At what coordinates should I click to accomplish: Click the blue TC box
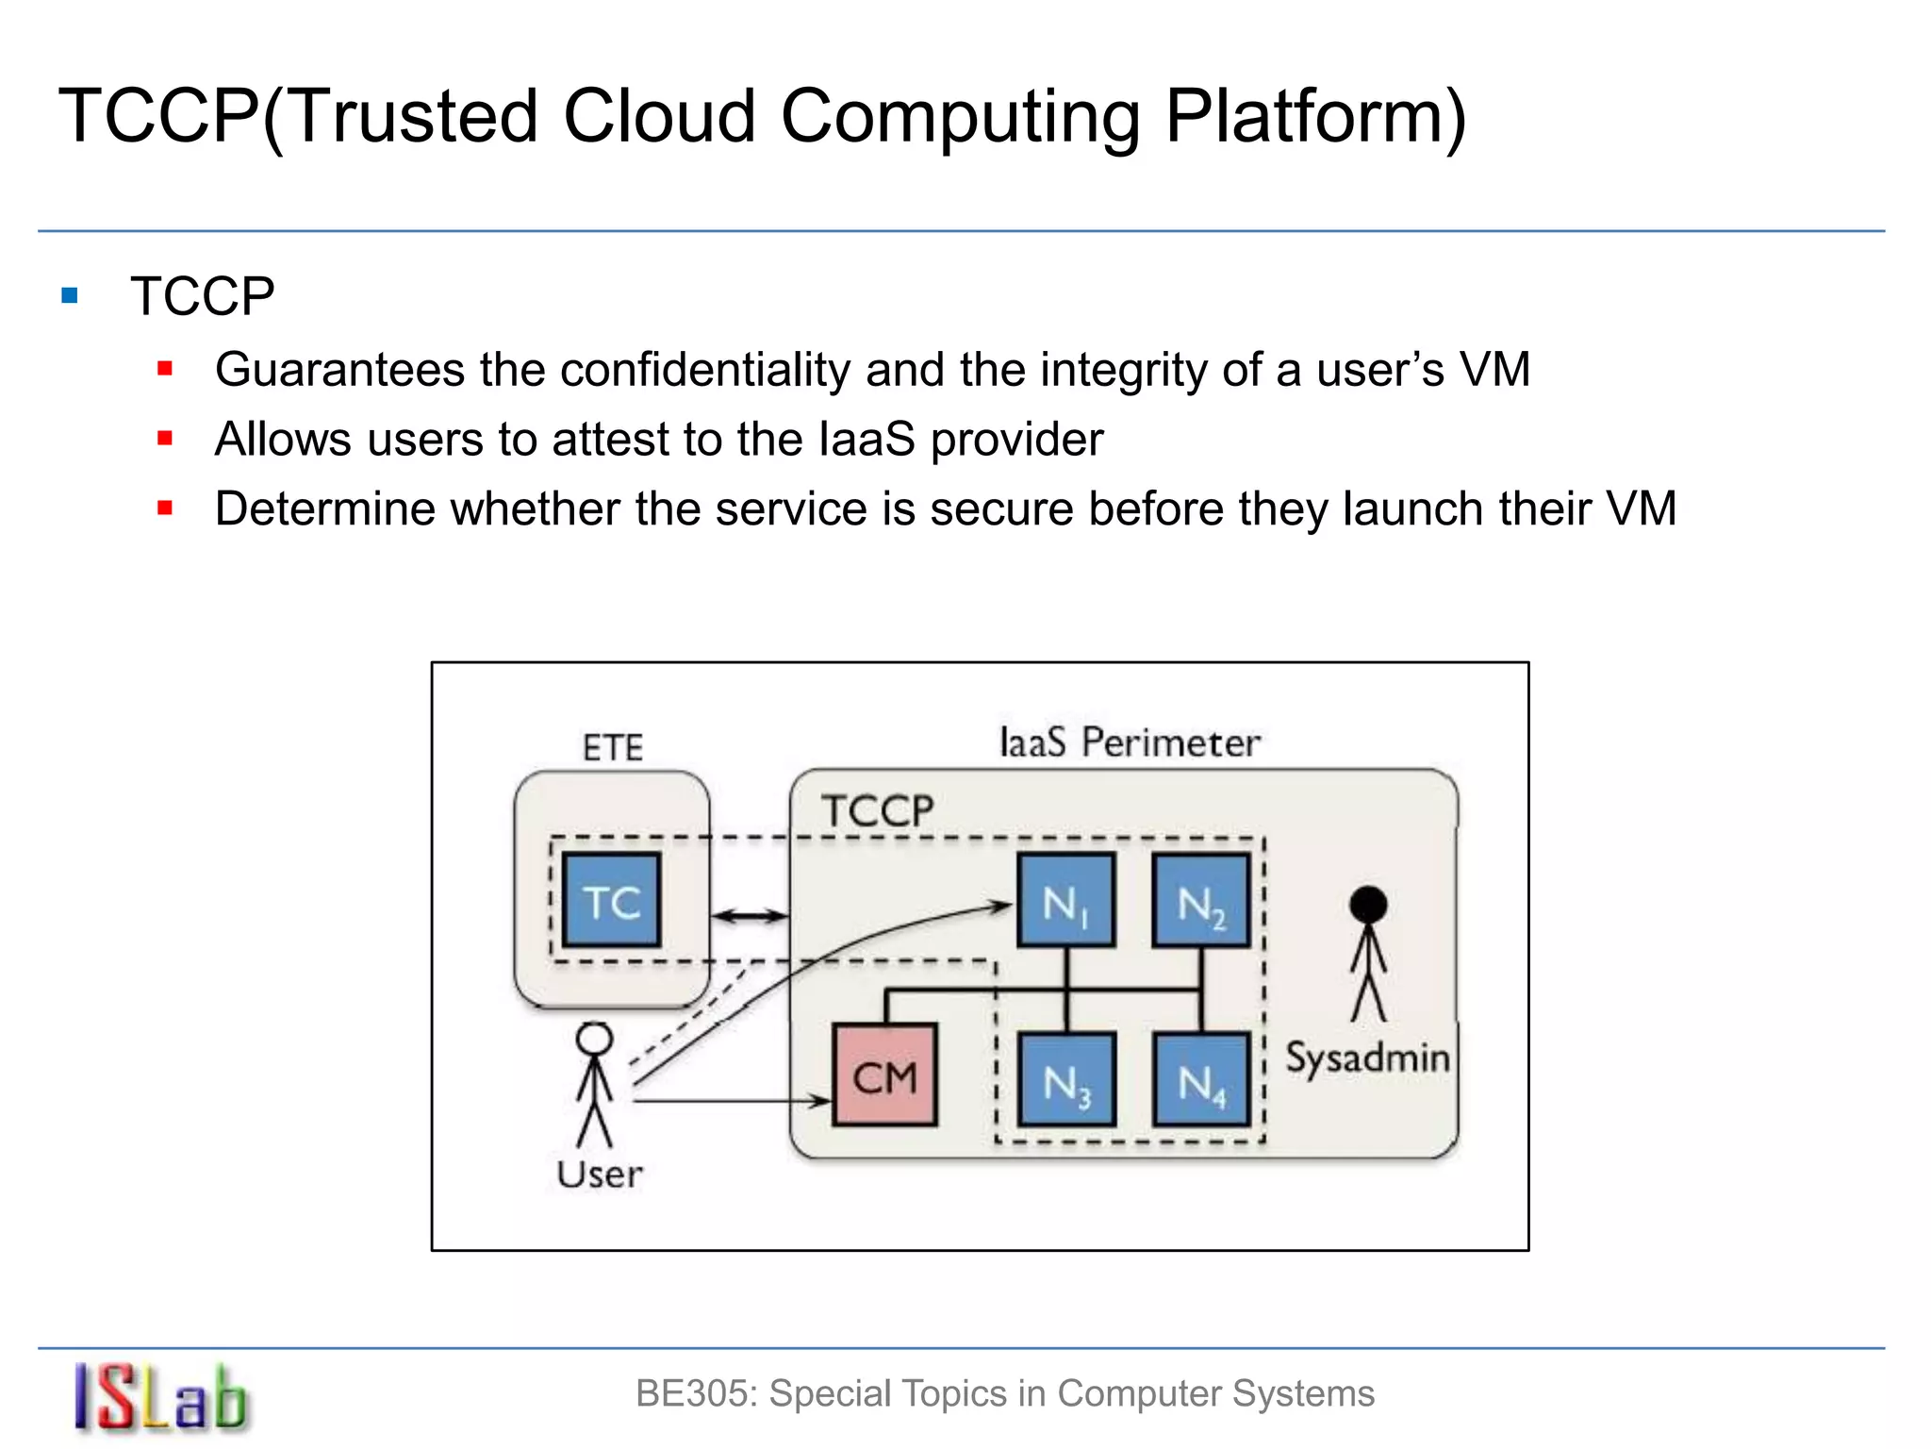(x=611, y=900)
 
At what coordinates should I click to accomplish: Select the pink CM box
(x=884, y=1075)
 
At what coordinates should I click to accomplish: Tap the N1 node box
(x=1065, y=900)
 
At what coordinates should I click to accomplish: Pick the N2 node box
(x=1200, y=900)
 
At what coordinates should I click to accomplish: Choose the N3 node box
(x=1065, y=1079)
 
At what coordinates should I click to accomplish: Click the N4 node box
(x=1200, y=1079)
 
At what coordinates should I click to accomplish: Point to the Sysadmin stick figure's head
(x=1368, y=905)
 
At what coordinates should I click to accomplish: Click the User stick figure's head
(x=594, y=1039)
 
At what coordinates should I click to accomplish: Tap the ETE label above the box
(x=613, y=748)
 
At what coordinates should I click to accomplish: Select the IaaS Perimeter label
(x=1129, y=742)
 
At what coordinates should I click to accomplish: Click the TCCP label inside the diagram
(x=877, y=810)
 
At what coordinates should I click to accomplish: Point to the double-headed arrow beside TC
(x=750, y=915)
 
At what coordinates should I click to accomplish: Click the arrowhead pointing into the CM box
(x=820, y=1100)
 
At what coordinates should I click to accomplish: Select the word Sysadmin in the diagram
(x=1367, y=1058)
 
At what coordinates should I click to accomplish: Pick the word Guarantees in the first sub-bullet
(x=339, y=369)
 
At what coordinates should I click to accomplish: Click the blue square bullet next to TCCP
(x=69, y=296)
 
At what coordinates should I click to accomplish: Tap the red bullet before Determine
(x=165, y=508)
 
